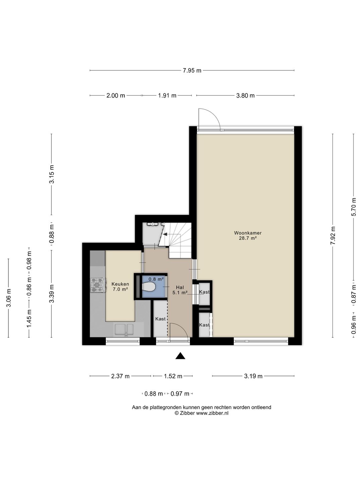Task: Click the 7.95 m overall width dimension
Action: coord(192,70)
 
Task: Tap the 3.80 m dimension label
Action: coord(245,96)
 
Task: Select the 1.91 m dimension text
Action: coord(167,96)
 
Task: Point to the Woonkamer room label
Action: coord(248,233)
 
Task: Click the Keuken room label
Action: coord(120,284)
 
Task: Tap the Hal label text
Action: coord(180,287)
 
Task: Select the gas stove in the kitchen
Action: coord(98,285)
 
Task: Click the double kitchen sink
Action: coord(124,329)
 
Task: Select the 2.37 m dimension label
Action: coord(120,376)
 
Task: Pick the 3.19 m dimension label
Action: coord(253,376)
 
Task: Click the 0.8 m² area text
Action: coord(156,279)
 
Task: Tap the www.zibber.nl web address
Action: coord(212,413)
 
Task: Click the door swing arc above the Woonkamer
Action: coord(212,117)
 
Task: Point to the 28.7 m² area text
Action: coord(248,238)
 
